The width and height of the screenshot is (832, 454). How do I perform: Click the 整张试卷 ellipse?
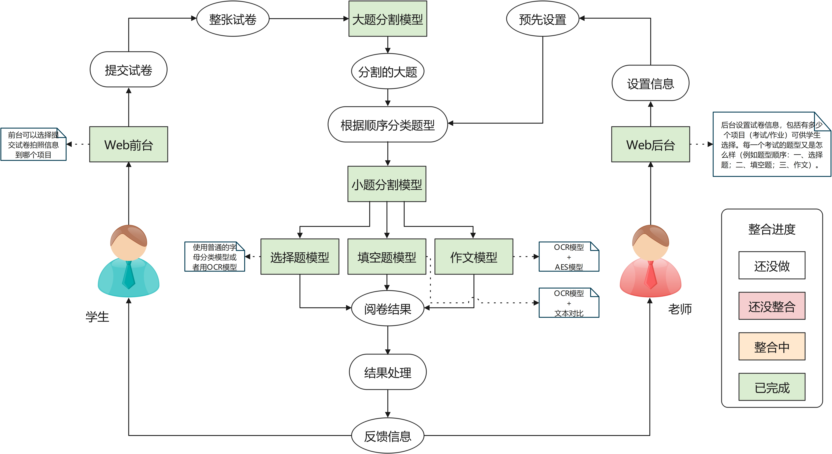[x=233, y=19]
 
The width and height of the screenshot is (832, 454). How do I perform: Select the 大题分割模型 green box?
[x=388, y=19]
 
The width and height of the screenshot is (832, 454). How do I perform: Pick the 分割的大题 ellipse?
[x=388, y=71]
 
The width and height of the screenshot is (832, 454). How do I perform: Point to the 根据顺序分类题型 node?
[x=388, y=124]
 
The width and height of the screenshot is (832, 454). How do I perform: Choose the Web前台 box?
[x=129, y=144]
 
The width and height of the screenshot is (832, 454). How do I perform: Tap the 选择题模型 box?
[x=300, y=257]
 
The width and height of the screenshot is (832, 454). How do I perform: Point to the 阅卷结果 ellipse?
[x=388, y=308]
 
